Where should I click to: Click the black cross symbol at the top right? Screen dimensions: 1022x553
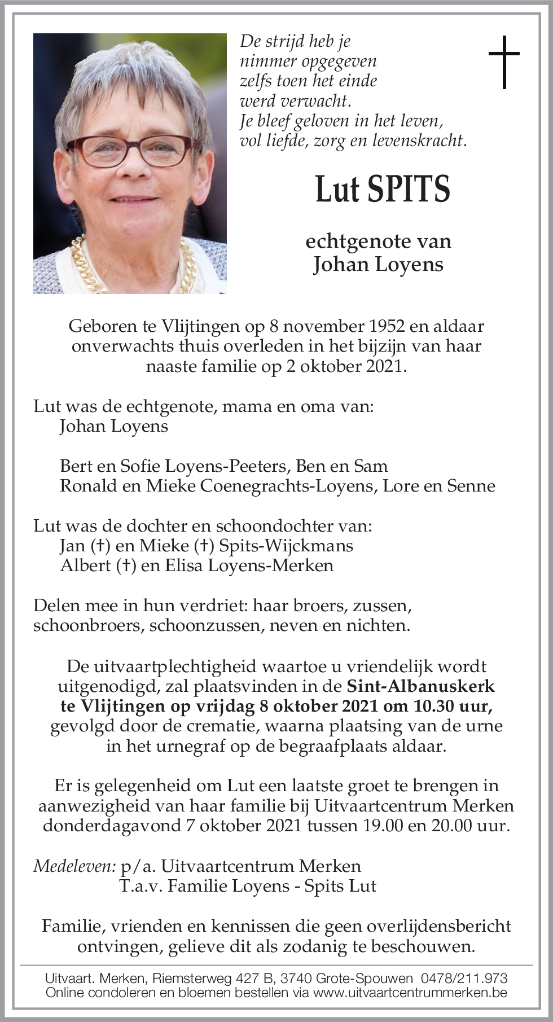[503, 62]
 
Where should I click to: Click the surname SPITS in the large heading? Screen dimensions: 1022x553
[409, 189]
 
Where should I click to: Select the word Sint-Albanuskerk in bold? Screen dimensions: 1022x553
[420, 686]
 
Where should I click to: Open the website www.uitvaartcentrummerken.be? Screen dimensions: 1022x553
[410, 992]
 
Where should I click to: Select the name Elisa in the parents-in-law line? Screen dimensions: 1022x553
[184, 565]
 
